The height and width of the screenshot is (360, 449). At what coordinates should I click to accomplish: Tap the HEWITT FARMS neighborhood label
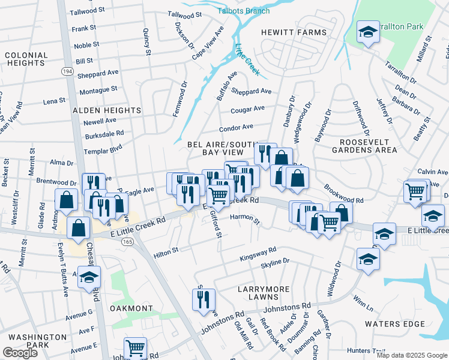tap(294, 32)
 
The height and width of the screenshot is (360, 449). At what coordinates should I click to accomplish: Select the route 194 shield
tap(67, 71)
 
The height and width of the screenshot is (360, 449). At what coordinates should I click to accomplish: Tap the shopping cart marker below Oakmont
tap(136, 347)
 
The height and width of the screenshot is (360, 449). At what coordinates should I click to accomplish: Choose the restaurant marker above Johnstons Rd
tap(203, 298)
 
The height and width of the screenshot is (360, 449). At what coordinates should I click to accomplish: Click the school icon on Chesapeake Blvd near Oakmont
tap(89, 278)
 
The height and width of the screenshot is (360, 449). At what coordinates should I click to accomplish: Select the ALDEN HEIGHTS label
tap(107, 110)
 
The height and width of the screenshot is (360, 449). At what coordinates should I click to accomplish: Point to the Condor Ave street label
tap(236, 128)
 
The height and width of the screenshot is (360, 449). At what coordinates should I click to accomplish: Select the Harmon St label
tap(244, 218)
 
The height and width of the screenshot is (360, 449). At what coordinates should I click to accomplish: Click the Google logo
tap(20, 353)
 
